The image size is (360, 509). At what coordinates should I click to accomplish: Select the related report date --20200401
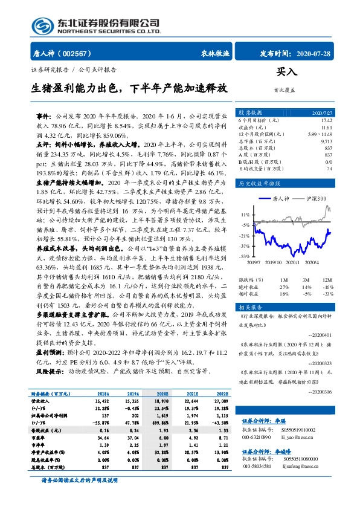point(320,334)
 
